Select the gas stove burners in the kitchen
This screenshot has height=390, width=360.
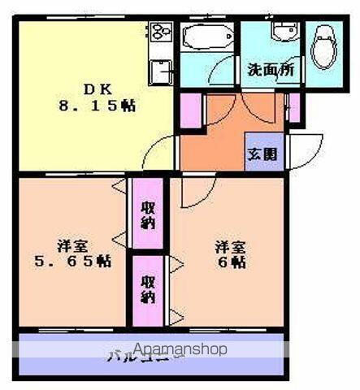(158, 32)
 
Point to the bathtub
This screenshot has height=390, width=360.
(207, 37)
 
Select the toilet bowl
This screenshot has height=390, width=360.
(325, 41)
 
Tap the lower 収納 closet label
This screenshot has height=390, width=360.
(148, 289)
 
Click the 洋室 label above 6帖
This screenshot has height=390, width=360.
(229, 245)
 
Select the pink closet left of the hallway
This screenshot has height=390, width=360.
(190, 111)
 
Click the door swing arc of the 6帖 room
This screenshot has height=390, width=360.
(195, 193)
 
